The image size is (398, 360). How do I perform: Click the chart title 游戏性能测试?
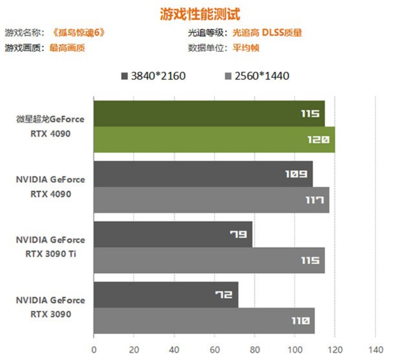point(200,14)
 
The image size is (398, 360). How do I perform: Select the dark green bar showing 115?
point(209,114)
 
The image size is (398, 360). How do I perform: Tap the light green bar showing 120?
point(214,140)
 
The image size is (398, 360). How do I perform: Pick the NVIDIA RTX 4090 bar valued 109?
point(203,174)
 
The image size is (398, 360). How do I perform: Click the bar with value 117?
point(211,200)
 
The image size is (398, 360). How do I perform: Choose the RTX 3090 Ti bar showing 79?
point(173,234)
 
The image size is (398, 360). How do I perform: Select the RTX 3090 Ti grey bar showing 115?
point(209,260)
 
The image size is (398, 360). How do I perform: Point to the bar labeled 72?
point(166,295)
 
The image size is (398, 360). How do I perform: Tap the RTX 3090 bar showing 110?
point(204,321)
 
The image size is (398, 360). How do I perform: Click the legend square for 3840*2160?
point(124,76)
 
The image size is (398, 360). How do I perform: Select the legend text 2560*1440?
point(262,76)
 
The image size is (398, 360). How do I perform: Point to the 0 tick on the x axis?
point(94,350)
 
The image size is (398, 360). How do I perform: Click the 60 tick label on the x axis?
point(214,350)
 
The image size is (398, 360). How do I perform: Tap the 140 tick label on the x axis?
point(375,350)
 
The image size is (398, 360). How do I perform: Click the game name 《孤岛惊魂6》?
point(79,33)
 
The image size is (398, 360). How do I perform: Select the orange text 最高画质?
point(67,48)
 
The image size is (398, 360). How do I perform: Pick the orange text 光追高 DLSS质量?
point(267,33)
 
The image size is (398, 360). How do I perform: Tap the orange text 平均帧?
point(245,48)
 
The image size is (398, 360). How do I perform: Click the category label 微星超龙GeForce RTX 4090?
point(50,126)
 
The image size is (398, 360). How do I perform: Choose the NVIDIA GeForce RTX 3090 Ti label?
point(50,247)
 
